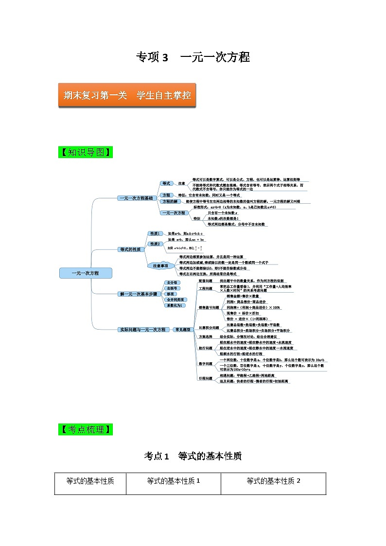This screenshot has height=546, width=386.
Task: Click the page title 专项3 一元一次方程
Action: coord(193,57)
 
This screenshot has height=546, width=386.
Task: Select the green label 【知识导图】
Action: coord(85,153)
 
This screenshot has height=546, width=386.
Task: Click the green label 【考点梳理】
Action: coord(85,429)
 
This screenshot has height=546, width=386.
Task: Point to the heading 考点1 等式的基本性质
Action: coord(193,457)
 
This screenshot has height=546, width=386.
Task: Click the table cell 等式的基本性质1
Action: coord(173,481)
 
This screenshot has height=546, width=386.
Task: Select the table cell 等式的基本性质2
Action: coord(273,481)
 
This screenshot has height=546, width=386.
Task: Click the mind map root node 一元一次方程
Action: coord(85,273)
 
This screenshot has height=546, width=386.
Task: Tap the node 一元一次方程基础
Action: coord(136,198)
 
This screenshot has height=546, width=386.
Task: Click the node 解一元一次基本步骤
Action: coord(139,294)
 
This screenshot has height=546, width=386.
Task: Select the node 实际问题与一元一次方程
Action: coord(142,330)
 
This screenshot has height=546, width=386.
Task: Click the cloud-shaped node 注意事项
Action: coord(160,265)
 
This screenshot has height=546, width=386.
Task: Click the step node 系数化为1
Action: coord(174,305)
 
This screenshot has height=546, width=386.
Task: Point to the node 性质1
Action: coord(155,234)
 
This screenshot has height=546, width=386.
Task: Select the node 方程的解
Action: coord(170,201)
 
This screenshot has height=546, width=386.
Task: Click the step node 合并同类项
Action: coord(174,299)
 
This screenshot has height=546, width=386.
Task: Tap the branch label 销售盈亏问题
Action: coord(209,307)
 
